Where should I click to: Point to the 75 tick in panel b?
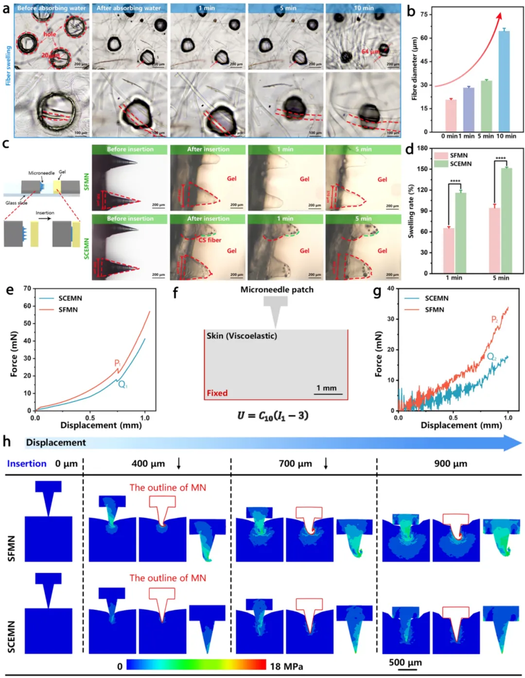[x=424, y=15]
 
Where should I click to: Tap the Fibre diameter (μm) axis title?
[x=415, y=69]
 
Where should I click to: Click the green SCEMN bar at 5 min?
[x=507, y=220]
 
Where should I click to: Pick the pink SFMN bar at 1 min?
[x=449, y=250]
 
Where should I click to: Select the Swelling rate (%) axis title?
[x=411, y=211]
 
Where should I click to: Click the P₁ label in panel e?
[x=118, y=363]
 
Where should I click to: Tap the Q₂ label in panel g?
[x=492, y=357]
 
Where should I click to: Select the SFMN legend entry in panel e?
[x=68, y=310]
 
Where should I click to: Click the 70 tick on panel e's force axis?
[x=27, y=289]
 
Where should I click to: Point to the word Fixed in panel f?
[x=217, y=393]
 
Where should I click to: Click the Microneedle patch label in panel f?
[x=277, y=290]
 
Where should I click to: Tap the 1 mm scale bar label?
[x=326, y=388]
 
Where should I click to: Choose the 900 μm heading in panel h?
[x=450, y=463]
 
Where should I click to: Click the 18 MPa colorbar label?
[x=286, y=666]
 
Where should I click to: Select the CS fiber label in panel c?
[x=210, y=240]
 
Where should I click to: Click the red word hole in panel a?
[x=50, y=34]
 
